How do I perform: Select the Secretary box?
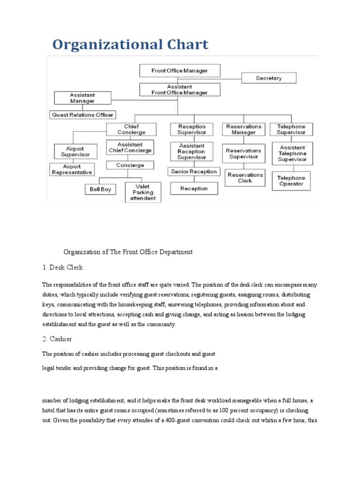click(x=269, y=78)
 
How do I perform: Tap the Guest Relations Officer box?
click(x=82, y=115)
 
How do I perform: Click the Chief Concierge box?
click(x=131, y=129)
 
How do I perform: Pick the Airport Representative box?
click(x=72, y=170)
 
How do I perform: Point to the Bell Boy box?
click(x=100, y=190)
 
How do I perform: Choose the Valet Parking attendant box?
click(x=143, y=192)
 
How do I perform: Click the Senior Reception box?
click(x=194, y=172)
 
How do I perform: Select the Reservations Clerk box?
click(x=244, y=178)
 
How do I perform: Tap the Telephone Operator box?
click(x=291, y=181)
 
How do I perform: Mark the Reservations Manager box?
click(x=244, y=129)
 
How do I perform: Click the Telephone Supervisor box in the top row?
click(x=291, y=129)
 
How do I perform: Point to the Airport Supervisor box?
click(x=75, y=151)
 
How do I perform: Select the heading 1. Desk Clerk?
click(x=62, y=267)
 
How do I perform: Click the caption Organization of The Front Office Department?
click(x=128, y=252)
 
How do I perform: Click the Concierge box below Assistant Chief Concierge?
click(x=131, y=165)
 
